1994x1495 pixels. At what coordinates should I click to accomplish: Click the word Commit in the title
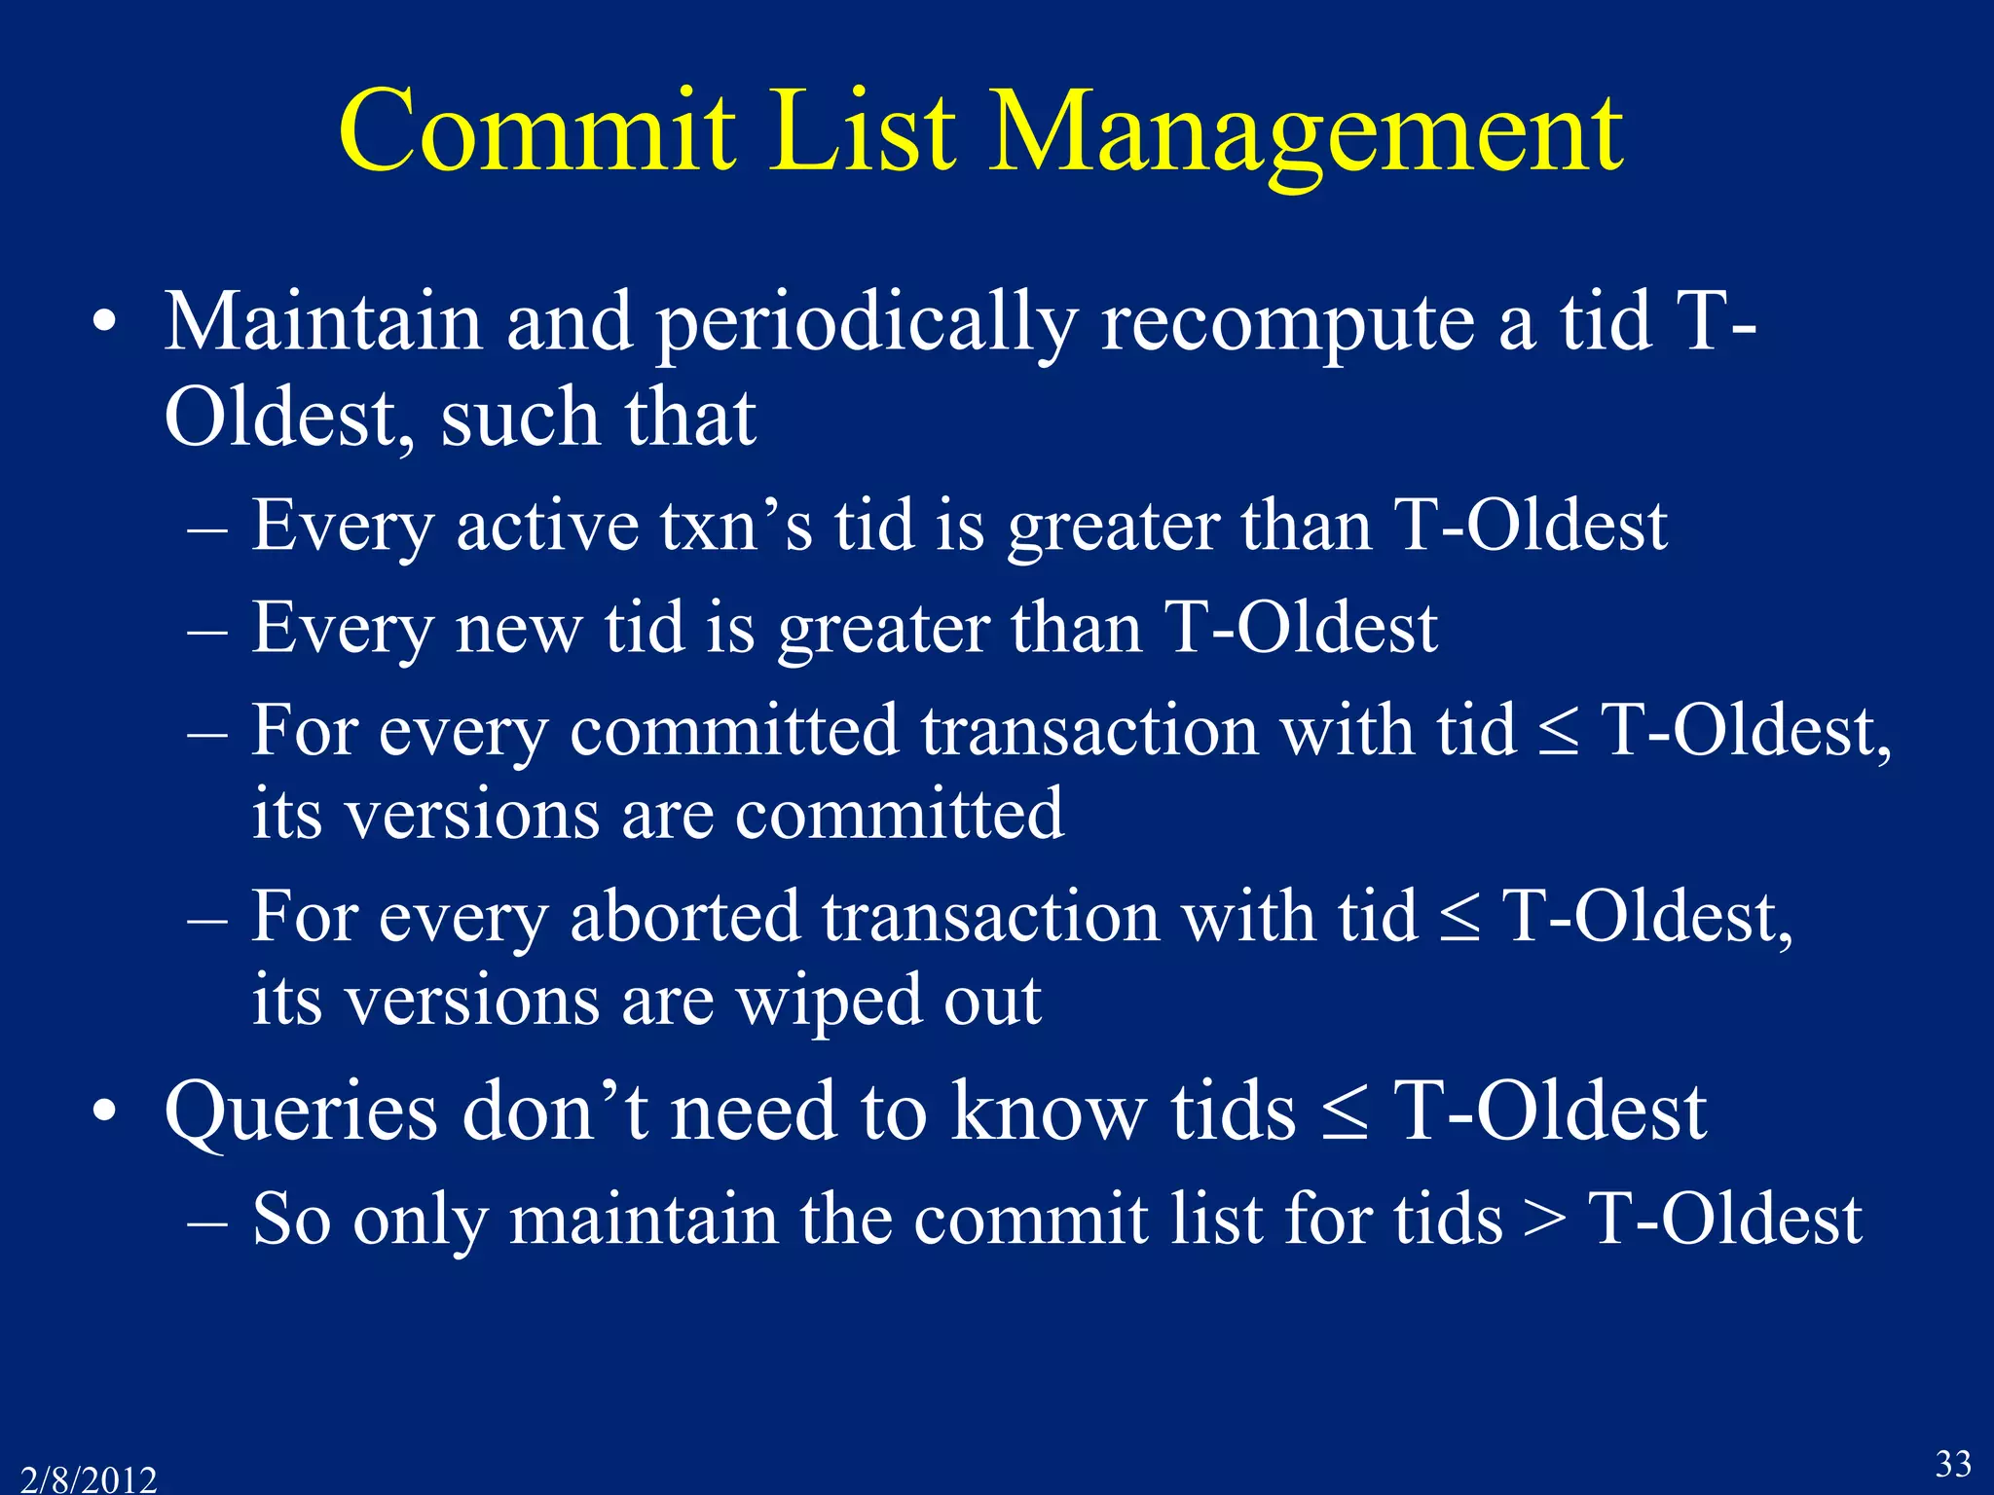coord(536,131)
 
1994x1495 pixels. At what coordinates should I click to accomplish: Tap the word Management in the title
coord(1305,131)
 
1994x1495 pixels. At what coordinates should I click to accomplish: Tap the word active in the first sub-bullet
coord(547,527)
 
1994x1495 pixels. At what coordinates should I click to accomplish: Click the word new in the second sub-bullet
coord(518,629)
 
